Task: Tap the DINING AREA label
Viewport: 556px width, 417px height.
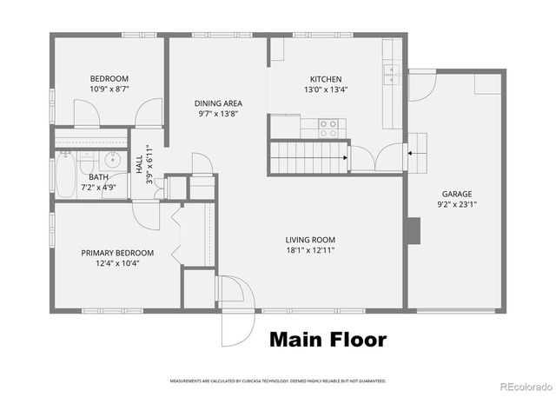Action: [217, 103]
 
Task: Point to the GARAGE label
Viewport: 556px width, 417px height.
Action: [457, 195]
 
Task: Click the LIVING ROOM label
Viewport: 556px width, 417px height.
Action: [310, 240]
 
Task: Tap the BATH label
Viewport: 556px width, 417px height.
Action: [98, 177]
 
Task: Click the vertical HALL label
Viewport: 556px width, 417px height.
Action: [139, 162]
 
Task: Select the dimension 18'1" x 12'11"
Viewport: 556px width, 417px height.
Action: [310, 250]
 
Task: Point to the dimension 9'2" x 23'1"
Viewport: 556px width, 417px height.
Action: [457, 205]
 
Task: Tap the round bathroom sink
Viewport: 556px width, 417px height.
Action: [111, 161]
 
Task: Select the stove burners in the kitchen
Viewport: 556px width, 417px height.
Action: [328, 129]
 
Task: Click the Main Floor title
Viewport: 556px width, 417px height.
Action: [327, 339]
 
